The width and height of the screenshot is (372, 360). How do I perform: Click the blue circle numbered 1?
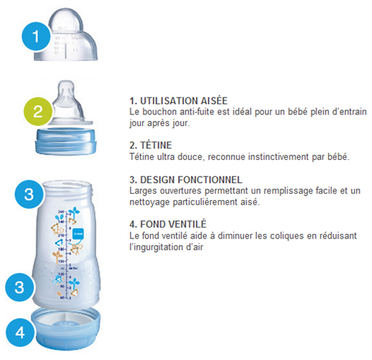click(x=36, y=36)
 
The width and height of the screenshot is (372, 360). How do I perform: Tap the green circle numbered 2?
click(x=38, y=112)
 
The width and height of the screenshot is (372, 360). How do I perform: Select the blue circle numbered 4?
click(x=20, y=333)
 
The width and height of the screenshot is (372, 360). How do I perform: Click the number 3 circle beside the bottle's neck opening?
click(x=29, y=194)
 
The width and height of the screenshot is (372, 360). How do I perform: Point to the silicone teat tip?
click(x=66, y=86)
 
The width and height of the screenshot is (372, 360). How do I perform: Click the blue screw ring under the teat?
click(x=66, y=141)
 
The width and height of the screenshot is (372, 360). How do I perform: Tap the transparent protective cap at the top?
click(x=66, y=35)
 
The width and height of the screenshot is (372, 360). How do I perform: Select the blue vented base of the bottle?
click(x=66, y=328)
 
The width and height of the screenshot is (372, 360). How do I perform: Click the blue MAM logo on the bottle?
click(x=78, y=233)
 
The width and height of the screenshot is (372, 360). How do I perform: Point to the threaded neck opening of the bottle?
click(x=67, y=189)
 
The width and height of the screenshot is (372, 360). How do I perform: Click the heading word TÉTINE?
click(x=156, y=145)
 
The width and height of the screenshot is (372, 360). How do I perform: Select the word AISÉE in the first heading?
click(x=214, y=101)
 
